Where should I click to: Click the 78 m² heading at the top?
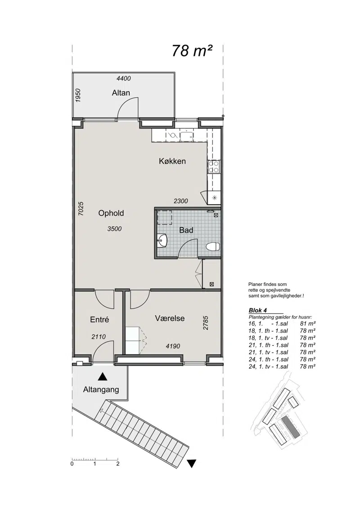[192, 51]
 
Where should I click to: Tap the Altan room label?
[121, 93]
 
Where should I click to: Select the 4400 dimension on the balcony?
[123, 78]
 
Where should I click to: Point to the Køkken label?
[172, 161]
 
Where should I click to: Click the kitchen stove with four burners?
[214, 167]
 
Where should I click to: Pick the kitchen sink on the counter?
[187, 136]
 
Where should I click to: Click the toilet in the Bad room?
[213, 246]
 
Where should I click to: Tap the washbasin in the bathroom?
[162, 241]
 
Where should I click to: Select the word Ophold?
[111, 213]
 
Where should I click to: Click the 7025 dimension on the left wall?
[81, 208]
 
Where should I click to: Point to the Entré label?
[99, 320]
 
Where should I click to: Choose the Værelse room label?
[170, 318]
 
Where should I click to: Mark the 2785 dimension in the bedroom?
[205, 323]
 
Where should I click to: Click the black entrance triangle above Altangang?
[103, 376]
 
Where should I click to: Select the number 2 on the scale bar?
[117, 464]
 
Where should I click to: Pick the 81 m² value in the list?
[308, 324]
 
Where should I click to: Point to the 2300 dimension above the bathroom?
[180, 201]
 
